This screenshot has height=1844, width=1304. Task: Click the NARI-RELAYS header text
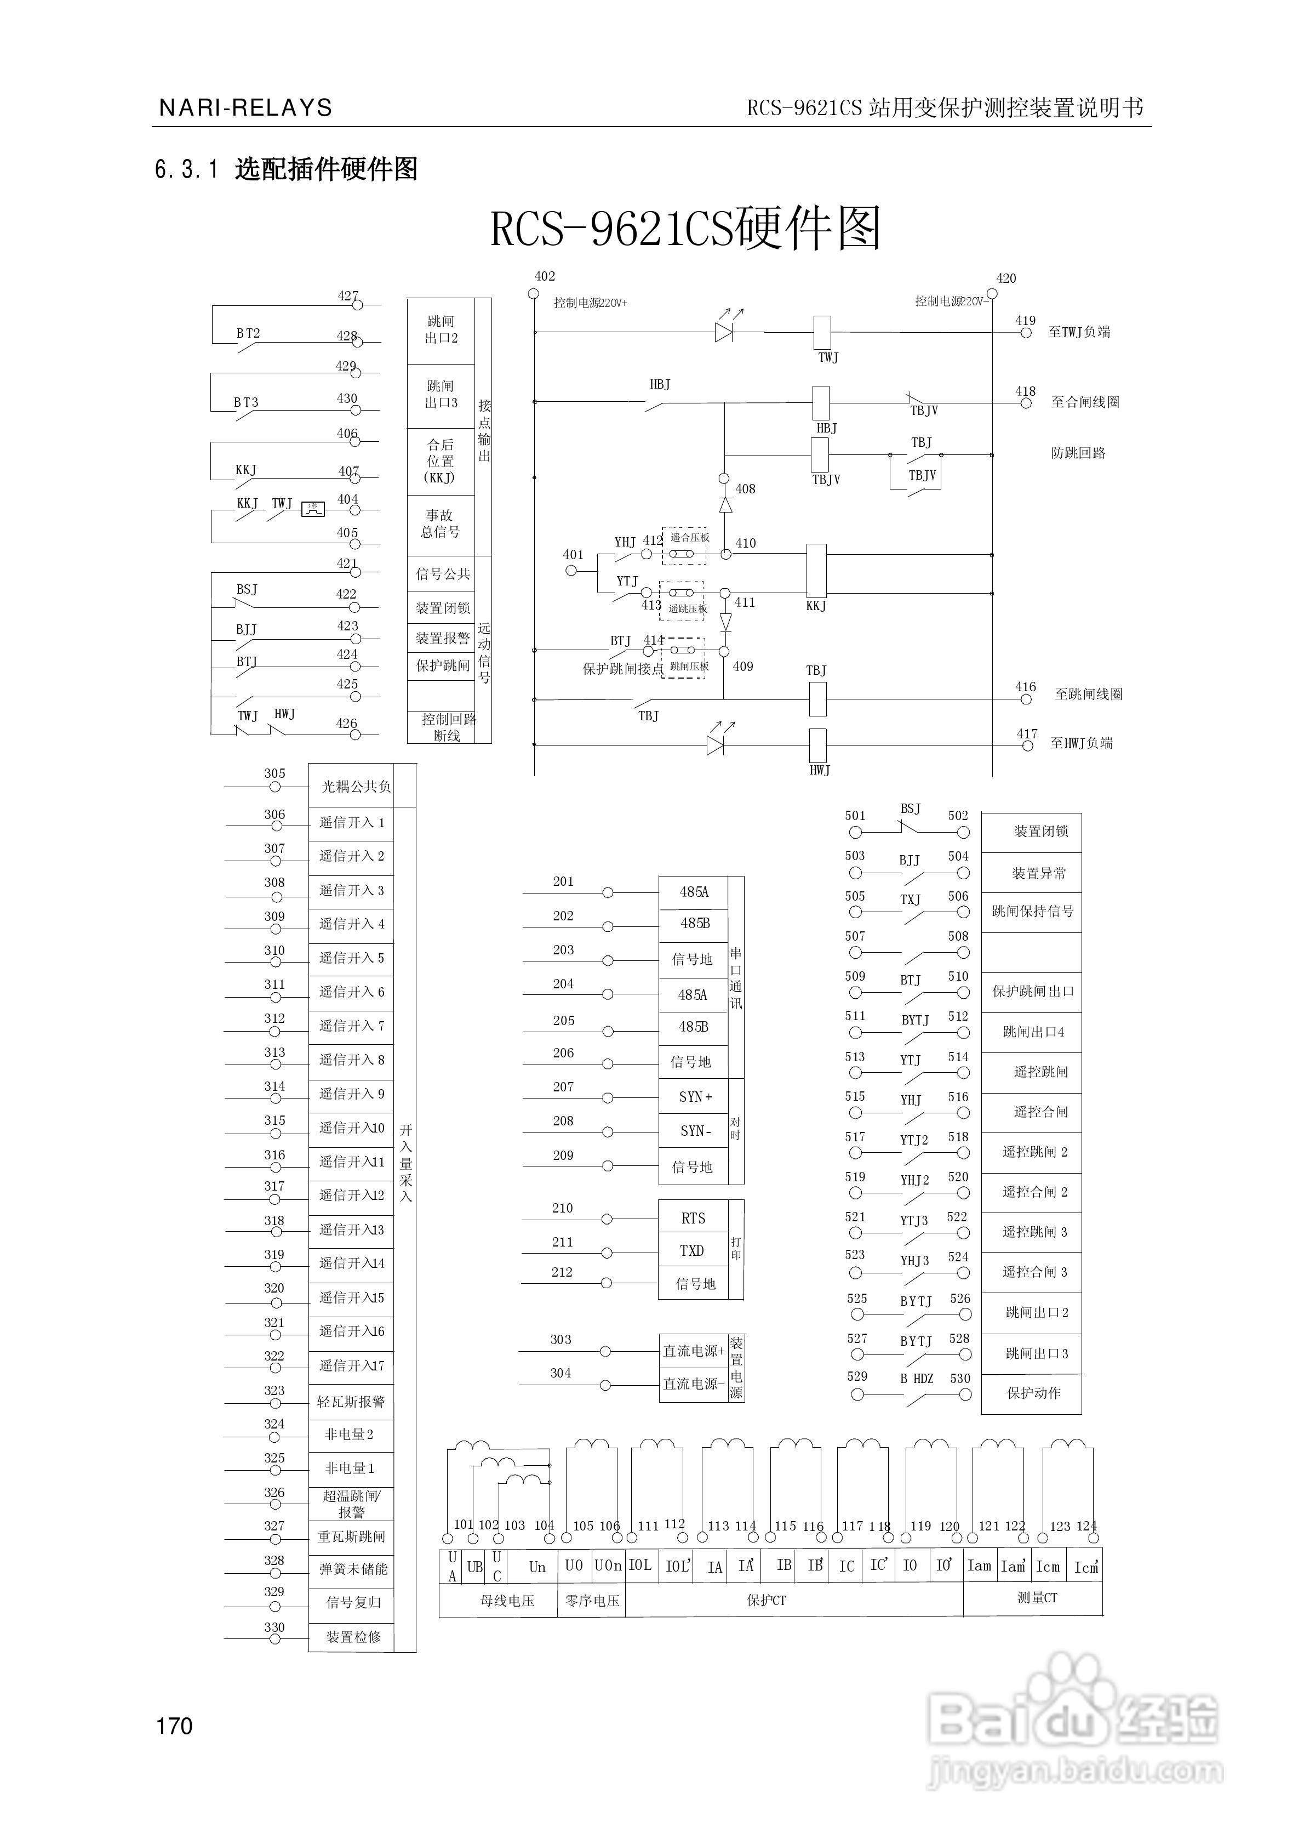pyautogui.click(x=245, y=107)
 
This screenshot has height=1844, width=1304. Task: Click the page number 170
pyautogui.click(x=174, y=1725)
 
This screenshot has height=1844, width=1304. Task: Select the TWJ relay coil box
pyautogui.click(x=822, y=333)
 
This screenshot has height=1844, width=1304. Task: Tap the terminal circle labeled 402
pyautogui.click(x=533, y=293)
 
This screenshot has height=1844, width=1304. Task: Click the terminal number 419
pyautogui.click(x=1025, y=321)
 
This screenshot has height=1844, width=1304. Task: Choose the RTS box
pyautogui.click(x=693, y=1219)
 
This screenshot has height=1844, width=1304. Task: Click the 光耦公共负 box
pyautogui.click(x=356, y=786)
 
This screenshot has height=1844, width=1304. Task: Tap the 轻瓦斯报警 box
pyautogui.click(x=351, y=1402)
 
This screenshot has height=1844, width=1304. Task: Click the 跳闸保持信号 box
pyautogui.click(x=1032, y=912)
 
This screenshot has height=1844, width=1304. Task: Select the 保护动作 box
pyautogui.click(x=1032, y=1393)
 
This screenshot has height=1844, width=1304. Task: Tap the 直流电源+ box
pyautogui.click(x=693, y=1351)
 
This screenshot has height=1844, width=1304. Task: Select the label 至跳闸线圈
pyautogui.click(x=1088, y=695)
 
